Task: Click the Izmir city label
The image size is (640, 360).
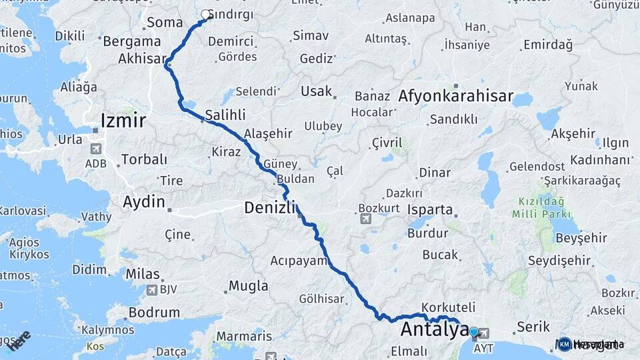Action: tap(123, 120)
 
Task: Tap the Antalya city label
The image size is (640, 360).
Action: tap(433, 329)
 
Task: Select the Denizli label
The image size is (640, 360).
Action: tap(269, 207)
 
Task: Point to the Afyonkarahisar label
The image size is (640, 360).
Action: tap(456, 96)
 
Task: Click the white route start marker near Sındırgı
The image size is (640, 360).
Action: tap(206, 14)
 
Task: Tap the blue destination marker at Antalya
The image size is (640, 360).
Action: tap(473, 331)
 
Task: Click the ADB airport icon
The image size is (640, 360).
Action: tap(96, 148)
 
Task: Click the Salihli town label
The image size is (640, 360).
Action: tap(226, 114)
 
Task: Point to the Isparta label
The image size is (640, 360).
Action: tap(430, 209)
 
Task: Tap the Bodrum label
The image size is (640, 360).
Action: tap(154, 312)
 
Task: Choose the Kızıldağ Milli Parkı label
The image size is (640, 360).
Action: tap(541, 207)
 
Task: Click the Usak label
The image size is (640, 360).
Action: tap(316, 91)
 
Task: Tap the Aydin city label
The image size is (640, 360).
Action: tap(143, 201)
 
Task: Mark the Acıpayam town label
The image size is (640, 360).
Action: tap(300, 261)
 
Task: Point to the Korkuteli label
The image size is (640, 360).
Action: tap(448, 308)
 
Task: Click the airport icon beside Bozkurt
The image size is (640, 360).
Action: tap(365, 219)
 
